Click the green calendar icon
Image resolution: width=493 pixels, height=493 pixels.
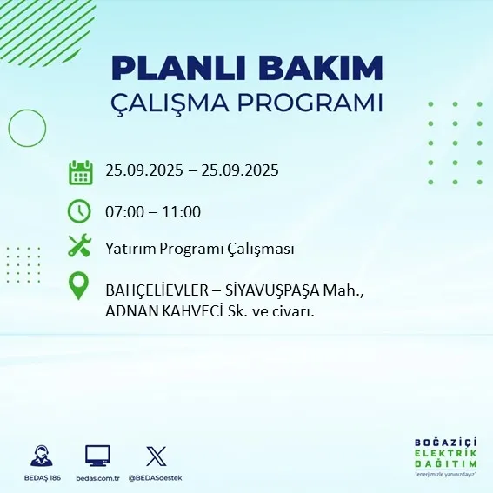click(80, 171)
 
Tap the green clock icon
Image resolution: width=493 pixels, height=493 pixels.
click(80, 210)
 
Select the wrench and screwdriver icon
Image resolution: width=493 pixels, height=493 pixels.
click(80, 248)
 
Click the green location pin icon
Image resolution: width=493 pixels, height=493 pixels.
click(80, 286)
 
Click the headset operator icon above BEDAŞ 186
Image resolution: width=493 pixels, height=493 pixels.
click(40, 456)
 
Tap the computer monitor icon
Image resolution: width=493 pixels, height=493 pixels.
click(97, 456)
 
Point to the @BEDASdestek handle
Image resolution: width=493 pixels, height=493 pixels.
click(156, 478)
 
